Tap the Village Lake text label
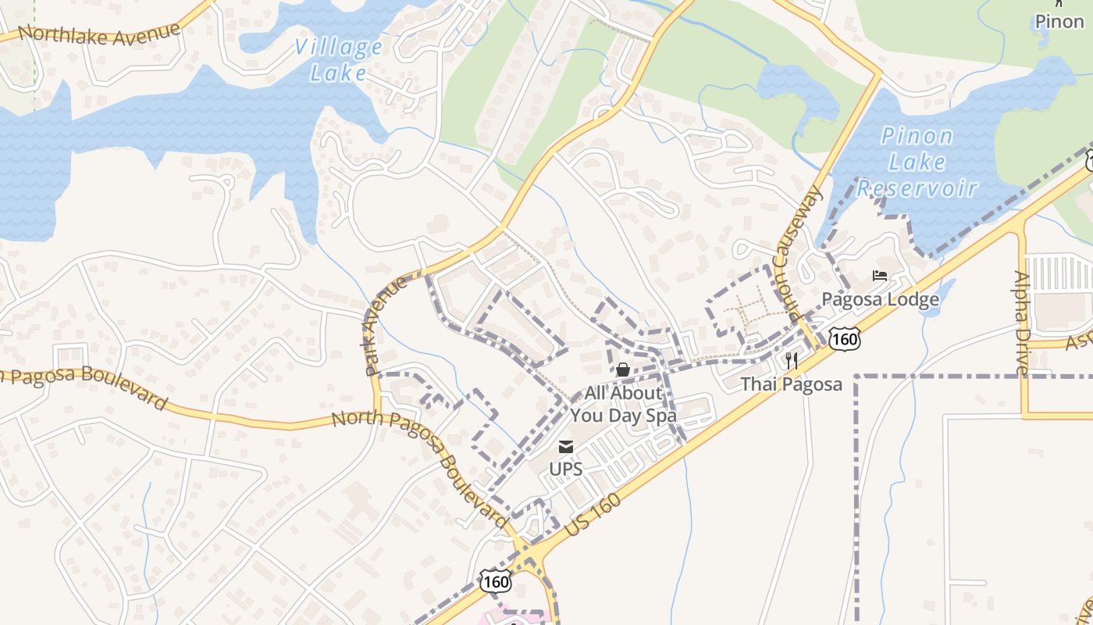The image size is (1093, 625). pos(339,60)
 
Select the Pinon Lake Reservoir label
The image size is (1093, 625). pos(917,162)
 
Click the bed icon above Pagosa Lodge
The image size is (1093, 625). pos(880,276)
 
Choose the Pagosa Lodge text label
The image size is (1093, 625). pos(880,300)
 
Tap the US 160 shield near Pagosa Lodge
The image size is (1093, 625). pos(845,339)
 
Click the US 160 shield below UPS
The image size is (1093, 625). pos(496,582)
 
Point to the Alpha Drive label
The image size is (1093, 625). pos(1022,321)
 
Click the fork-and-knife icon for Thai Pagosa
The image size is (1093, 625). pos(792,360)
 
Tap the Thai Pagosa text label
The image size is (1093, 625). pos(792,384)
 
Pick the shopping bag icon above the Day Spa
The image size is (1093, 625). pos(623,370)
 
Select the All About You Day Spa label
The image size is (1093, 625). pos(623,404)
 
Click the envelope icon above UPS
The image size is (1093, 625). pos(566,447)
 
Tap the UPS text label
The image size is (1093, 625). pos(566,470)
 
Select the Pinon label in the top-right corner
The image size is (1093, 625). pos(1059,21)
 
